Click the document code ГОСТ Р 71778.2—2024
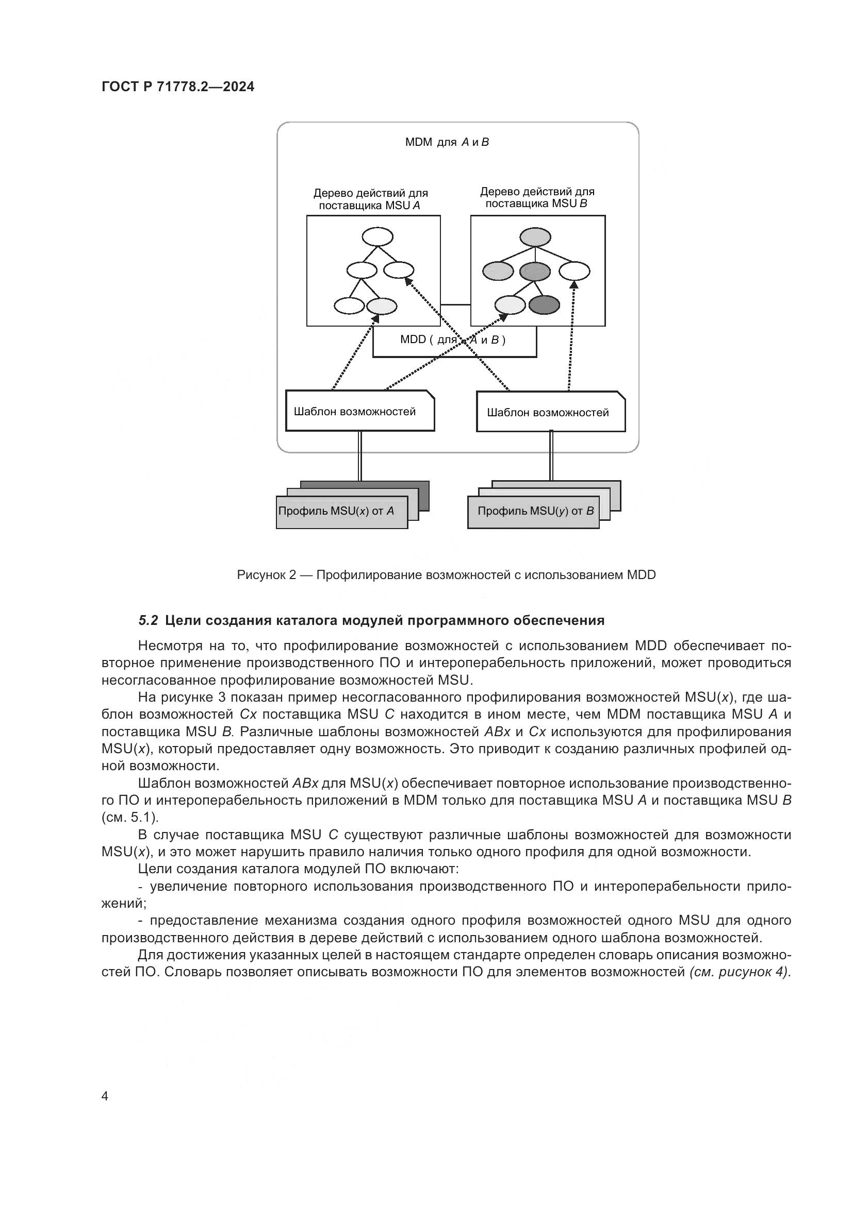click(x=177, y=87)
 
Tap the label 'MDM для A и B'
click(x=447, y=142)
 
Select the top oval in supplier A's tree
click(x=377, y=236)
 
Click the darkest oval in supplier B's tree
click(x=544, y=305)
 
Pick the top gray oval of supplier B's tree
click(x=535, y=236)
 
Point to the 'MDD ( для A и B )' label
click(x=453, y=340)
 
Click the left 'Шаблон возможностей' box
click(x=360, y=412)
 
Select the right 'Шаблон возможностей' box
click(x=550, y=413)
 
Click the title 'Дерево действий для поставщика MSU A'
click(x=370, y=199)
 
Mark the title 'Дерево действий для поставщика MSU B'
click(x=537, y=198)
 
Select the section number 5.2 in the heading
click(x=148, y=621)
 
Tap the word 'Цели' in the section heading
click(x=182, y=621)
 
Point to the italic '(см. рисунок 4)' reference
click(x=740, y=972)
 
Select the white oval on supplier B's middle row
click(x=573, y=271)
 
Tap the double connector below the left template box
click(x=360, y=456)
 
